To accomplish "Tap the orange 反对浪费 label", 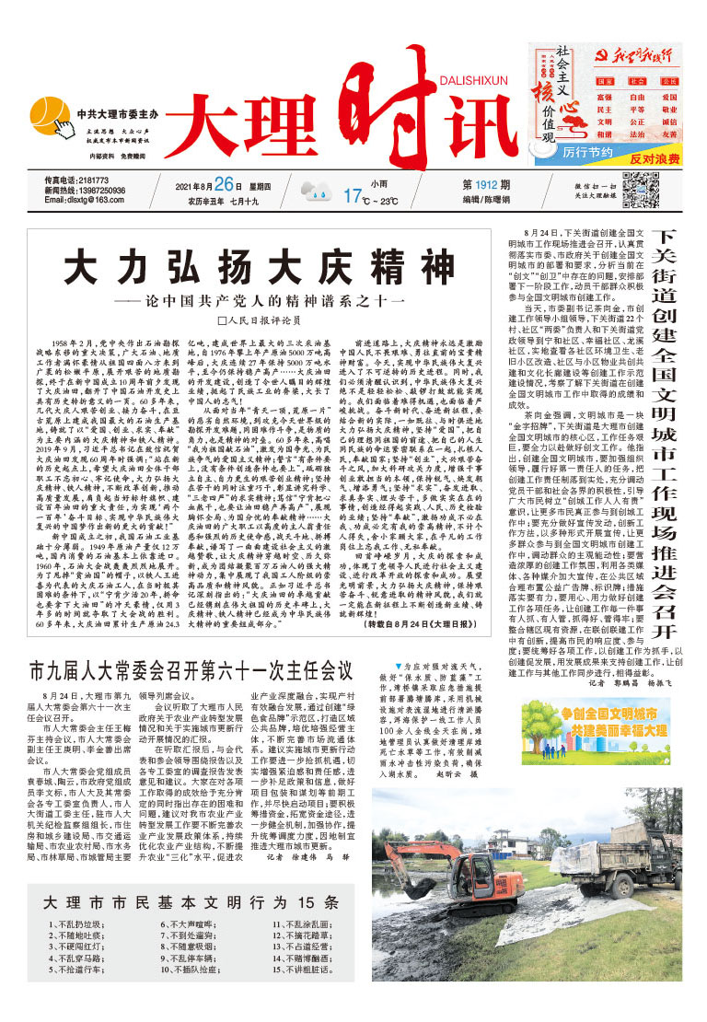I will click(x=655, y=157).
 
